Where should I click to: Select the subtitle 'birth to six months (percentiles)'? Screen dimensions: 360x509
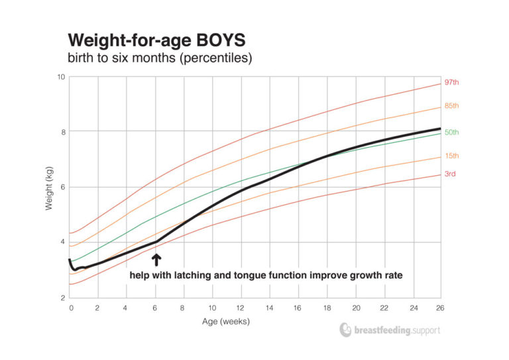159,58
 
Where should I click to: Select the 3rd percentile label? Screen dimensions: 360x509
450,174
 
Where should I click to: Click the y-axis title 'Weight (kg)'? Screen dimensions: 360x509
49,187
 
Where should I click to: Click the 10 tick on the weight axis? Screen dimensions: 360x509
60,77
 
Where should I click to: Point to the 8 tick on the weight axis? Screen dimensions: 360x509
62,132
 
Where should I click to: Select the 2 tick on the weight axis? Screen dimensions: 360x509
62,298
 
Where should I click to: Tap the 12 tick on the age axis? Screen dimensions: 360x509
241,308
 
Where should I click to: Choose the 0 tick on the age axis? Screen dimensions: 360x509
70,308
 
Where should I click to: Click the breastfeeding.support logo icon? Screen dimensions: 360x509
345,330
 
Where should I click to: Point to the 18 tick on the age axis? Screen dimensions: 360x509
327,308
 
